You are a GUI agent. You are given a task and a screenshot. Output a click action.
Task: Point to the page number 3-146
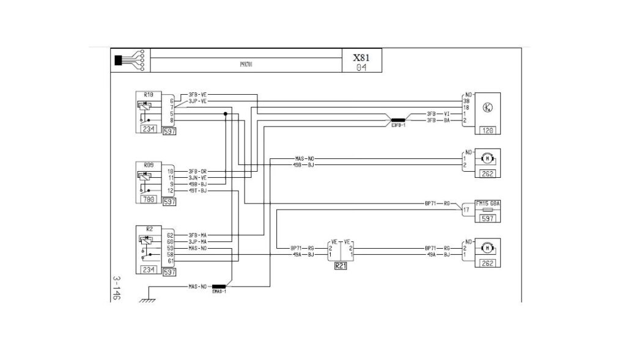[x=117, y=287]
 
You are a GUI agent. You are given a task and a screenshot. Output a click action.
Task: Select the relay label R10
[x=149, y=95]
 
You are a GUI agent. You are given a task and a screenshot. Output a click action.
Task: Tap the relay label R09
[x=149, y=165]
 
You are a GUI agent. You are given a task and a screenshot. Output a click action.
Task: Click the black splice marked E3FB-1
[x=398, y=120]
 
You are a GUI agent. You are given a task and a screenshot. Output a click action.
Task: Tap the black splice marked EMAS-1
[x=218, y=286]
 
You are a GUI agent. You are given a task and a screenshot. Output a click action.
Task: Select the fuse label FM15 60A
[x=488, y=204]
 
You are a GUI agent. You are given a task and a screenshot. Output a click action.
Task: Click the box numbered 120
[x=488, y=130]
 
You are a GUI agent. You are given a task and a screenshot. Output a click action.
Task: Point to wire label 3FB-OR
[x=198, y=171]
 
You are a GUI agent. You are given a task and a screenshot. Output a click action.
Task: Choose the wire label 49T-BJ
[x=198, y=190]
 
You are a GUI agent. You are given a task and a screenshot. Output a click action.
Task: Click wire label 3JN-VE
[x=198, y=177]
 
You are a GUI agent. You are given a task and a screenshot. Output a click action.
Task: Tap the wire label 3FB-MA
[x=198, y=235]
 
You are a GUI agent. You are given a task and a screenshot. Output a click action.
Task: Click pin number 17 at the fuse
[x=466, y=210]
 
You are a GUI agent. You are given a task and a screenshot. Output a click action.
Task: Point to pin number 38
[x=466, y=101]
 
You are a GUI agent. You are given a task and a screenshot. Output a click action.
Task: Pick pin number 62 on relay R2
[x=171, y=235]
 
